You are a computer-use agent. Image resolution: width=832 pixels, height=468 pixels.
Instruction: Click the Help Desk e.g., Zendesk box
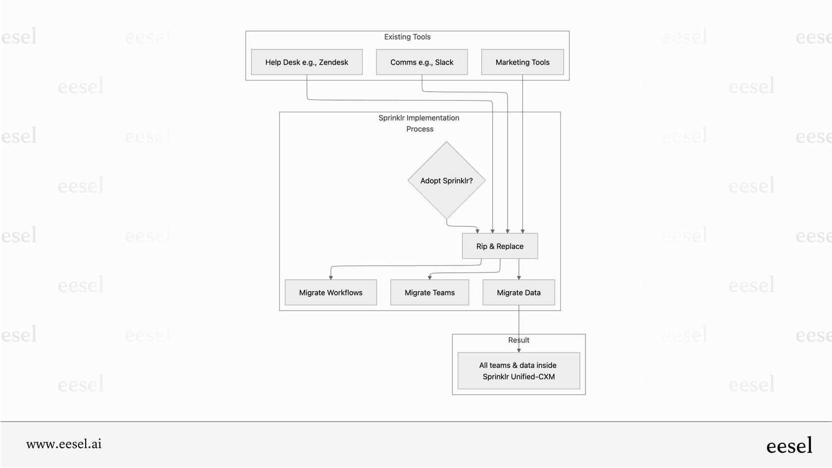coord(307,62)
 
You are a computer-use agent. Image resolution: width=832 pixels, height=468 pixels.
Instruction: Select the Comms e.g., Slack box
coord(421,62)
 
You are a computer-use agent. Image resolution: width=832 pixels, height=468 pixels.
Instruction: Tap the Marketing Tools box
coord(522,62)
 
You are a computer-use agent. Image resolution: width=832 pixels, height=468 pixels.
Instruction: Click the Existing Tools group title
coord(407,37)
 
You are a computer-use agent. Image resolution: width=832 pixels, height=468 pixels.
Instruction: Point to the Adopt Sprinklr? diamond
coord(446,181)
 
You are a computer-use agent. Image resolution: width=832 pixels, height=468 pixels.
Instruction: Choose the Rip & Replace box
coord(500,246)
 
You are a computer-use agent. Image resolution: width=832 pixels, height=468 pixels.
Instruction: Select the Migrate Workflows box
coord(330,293)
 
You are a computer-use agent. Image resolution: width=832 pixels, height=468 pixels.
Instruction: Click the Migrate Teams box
coord(429,293)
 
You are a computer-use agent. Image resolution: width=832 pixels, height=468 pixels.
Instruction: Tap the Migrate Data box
coord(519,293)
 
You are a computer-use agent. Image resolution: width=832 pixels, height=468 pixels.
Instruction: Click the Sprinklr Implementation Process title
coord(419,123)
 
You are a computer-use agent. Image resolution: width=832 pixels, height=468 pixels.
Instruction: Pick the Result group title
coord(519,340)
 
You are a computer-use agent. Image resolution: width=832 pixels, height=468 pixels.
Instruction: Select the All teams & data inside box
coord(519,371)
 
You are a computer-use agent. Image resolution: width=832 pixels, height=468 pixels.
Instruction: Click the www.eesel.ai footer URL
coord(64,444)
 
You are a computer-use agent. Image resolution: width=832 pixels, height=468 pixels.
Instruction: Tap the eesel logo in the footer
coord(789,446)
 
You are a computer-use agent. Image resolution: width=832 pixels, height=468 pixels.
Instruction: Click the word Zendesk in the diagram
coord(333,62)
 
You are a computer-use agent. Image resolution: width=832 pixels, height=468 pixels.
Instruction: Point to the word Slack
coord(444,62)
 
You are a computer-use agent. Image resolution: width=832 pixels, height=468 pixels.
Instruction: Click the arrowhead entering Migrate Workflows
coord(331,277)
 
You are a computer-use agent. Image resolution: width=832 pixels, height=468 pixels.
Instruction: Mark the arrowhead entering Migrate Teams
coord(429,277)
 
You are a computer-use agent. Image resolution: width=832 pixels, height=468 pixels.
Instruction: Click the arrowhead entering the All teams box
coord(519,350)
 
